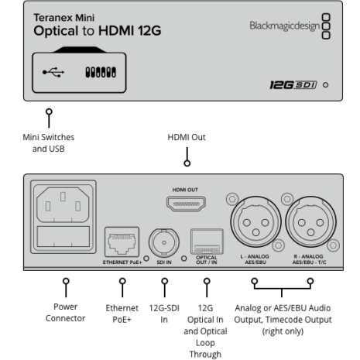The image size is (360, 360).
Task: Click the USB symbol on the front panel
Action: [53, 72]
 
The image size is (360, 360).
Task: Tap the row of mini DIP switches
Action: [101, 72]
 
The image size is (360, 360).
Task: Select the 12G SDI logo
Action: [293, 85]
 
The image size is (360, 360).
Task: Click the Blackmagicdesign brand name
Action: [285, 26]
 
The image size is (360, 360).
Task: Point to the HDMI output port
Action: [186, 204]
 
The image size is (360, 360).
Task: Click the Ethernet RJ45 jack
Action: [122, 242]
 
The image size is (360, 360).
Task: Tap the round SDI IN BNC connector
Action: [164, 242]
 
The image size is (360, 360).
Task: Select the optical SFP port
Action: [207, 242]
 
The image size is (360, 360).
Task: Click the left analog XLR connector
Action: [255, 222]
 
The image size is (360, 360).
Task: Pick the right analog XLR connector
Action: [310, 222]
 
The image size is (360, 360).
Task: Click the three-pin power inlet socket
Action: [63, 204]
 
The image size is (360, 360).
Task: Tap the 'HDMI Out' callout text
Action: [187, 137]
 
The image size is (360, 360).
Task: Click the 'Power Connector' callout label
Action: [66, 313]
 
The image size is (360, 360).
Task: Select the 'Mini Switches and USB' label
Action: [49, 143]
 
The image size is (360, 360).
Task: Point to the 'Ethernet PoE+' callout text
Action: [122, 314]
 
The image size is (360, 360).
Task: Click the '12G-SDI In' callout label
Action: [164, 314]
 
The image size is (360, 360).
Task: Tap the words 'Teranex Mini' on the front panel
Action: [64, 18]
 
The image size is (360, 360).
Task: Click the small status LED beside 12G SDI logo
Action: [326, 85]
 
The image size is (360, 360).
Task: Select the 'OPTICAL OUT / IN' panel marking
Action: [207, 260]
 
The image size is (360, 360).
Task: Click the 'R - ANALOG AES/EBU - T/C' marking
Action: [309, 259]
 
